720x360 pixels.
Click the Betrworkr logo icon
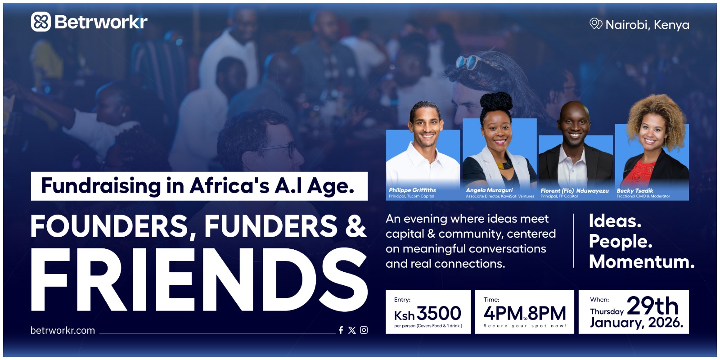tap(41, 22)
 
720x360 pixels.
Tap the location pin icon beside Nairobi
tap(596, 24)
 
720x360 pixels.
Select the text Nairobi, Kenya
tap(648, 25)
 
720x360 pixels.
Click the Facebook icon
tap(341, 330)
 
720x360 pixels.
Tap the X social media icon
tap(352, 330)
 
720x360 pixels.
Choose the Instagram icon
tap(364, 330)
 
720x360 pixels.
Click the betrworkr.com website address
tap(63, 330)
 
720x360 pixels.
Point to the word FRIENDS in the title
tap(199, 279)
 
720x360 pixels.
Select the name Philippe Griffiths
tap(412, 190)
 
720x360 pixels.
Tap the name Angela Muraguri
tap(489, 190)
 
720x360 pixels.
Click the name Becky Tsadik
tap(635, 191)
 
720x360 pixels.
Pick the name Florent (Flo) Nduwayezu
tap(574, 191)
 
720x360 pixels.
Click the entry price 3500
tap(439, 313)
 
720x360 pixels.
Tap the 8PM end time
tap(547, 313)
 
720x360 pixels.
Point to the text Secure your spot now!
tap(525, 326)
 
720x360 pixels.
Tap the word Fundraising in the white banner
tap(101, 186)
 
